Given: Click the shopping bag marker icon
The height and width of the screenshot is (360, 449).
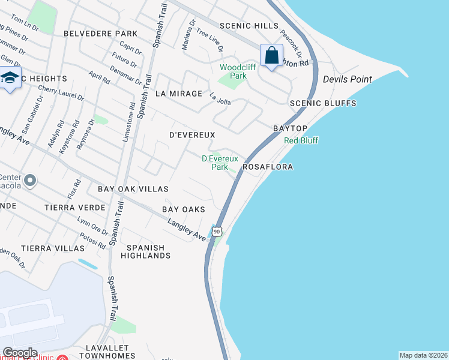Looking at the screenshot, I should (272, 56).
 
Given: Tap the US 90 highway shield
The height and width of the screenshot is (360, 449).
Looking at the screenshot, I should (217, 231).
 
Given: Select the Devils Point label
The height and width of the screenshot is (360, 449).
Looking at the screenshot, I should (347, 79).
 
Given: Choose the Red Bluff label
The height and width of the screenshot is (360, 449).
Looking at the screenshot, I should (301, 140).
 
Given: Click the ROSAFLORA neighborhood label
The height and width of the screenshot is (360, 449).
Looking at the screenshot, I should (268, 167).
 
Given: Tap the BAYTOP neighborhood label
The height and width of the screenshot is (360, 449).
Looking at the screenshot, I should (290, 129).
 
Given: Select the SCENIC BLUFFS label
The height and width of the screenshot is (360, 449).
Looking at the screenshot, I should (323, 103).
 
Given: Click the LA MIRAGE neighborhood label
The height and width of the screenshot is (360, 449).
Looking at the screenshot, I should (179, 94).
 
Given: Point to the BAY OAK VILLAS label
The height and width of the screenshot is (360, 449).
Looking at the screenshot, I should (133, 189).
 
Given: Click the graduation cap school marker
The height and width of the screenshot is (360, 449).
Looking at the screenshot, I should (10, 78).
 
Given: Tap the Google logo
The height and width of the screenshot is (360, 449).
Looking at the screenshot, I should (19, 353).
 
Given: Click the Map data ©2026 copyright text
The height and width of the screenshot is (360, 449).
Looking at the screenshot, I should (423, 355).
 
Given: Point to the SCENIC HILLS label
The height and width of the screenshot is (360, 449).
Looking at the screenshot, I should (249, 26).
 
